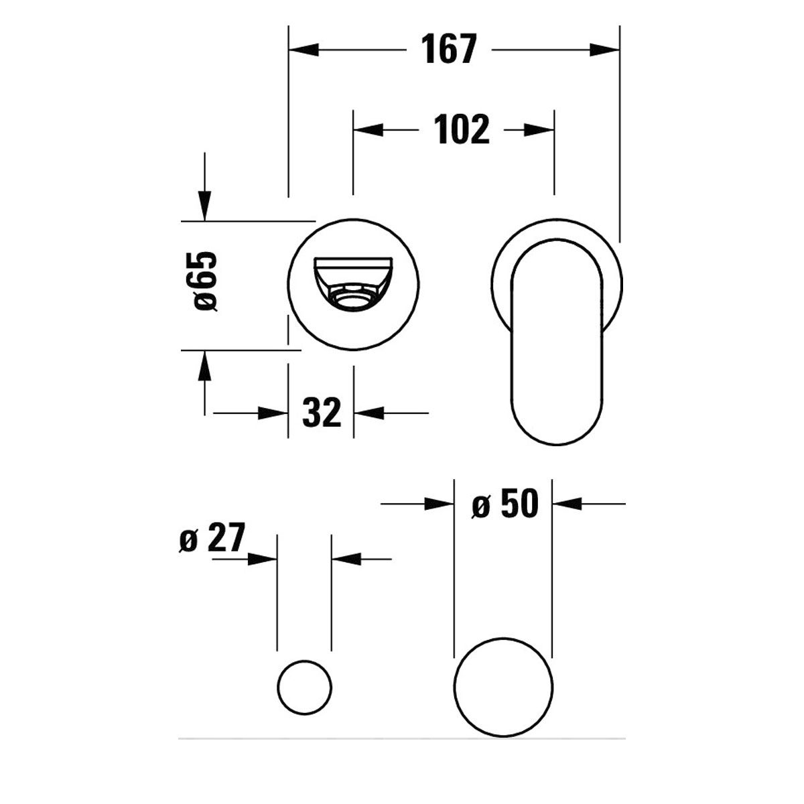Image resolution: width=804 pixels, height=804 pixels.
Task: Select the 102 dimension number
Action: point(462,129)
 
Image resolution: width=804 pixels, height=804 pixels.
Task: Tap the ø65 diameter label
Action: point(205,281)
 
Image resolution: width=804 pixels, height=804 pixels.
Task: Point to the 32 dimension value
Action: point(322,413)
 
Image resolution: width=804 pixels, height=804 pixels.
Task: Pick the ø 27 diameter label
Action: point(212,538)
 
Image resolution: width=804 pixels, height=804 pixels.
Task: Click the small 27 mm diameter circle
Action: point(304,687)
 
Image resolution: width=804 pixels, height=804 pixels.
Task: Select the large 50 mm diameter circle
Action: point(504,687)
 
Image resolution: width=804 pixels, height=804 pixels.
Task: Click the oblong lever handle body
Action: point(557,342)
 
